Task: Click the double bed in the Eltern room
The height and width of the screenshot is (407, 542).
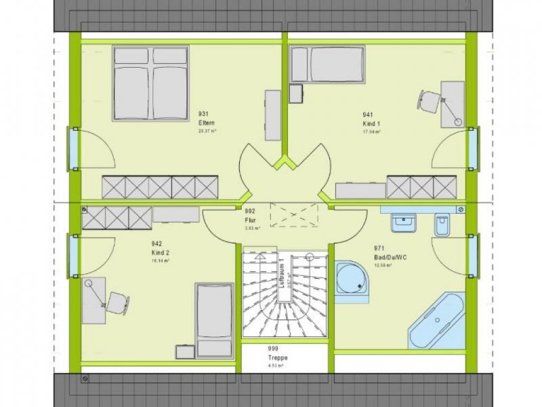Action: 150,84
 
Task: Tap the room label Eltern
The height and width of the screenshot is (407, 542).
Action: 207,122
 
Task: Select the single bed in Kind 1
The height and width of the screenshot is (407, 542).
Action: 327,64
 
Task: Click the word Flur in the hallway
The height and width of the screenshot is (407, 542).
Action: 250,220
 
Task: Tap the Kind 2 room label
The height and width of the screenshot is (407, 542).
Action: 161,252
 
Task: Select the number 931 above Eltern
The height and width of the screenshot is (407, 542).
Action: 203,114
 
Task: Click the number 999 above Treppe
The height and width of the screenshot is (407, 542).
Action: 272,349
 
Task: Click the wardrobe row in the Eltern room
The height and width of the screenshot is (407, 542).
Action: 160,187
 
